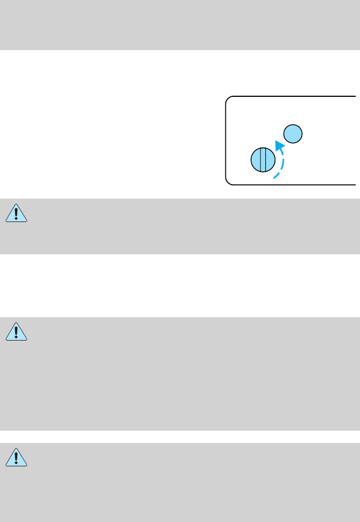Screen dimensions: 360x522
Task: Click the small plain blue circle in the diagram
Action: [x=293, y=134]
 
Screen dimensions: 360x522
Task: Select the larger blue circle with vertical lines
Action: [x=263, y=160]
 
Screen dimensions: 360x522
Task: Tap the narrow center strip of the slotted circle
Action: [x=263, y=160]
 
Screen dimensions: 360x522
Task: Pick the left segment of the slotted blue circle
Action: [x=256, y=160]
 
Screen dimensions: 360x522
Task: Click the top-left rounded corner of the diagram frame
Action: [x=228, y=99]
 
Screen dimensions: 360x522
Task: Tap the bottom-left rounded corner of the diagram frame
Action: [x=228, y=181]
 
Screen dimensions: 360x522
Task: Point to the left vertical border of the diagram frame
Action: [x=225, y=139]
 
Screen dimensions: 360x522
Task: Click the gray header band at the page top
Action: [x=180, y=24]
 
